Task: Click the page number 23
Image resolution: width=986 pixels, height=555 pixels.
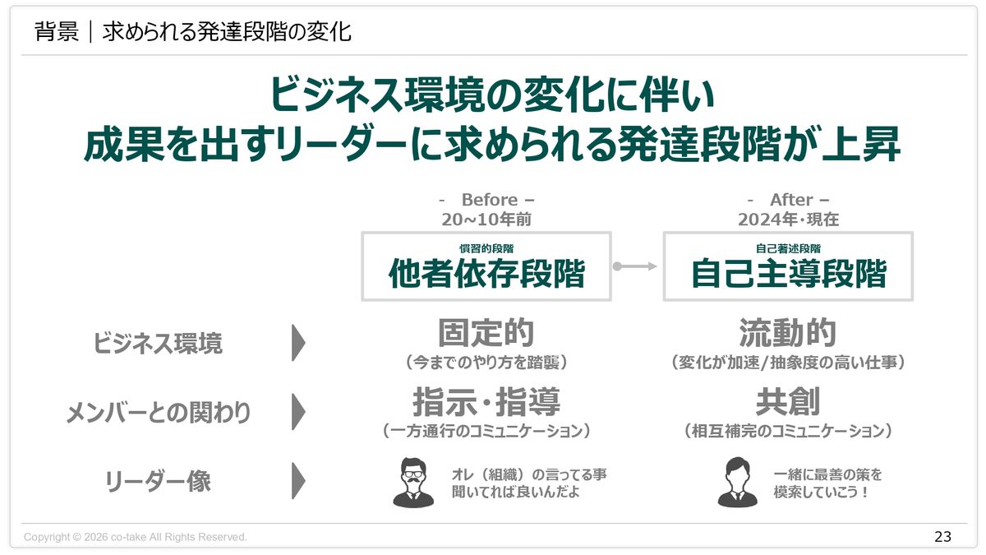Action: point(942,537)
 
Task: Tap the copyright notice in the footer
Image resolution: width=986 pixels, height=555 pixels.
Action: point(136,537)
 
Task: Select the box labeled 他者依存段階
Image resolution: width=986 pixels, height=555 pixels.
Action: point(486,266)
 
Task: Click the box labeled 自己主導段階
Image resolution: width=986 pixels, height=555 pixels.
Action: point(788,266)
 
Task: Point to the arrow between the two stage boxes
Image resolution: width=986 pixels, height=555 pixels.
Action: point(637,266)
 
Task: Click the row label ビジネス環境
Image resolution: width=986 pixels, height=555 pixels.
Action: point(157,344)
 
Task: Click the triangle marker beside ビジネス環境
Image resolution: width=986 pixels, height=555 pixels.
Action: point(298,343)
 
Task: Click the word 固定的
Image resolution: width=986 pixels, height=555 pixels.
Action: point(486,334)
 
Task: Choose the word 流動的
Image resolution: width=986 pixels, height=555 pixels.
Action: point(788,334)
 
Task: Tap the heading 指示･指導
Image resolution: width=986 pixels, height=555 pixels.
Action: point(486,403)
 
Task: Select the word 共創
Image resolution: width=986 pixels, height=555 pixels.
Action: point(788,403)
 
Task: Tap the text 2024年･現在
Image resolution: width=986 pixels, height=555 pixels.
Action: point(788,220)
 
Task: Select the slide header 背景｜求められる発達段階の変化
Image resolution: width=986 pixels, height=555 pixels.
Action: point(193,33)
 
